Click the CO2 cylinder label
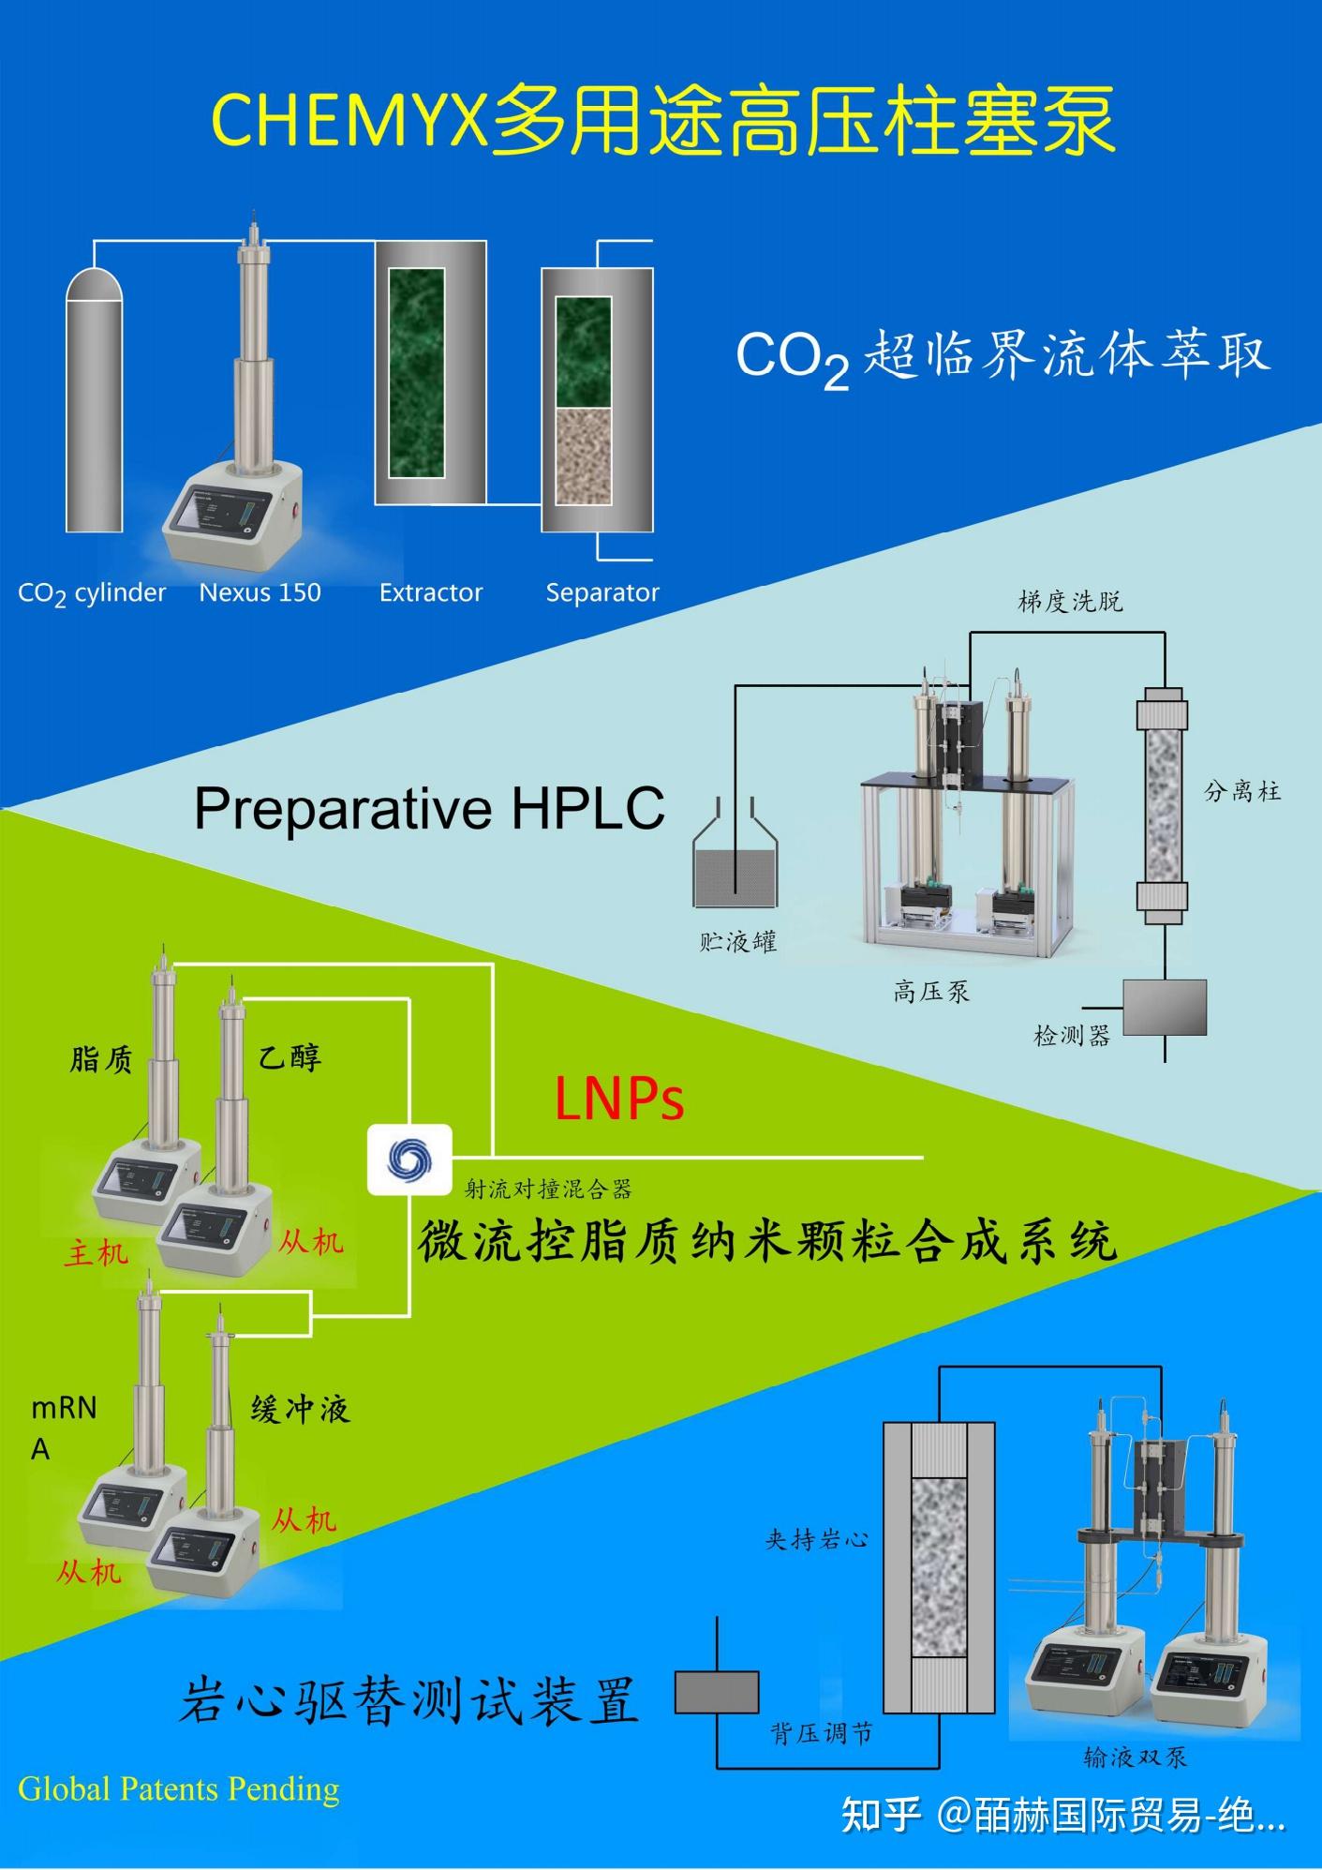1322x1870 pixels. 92,593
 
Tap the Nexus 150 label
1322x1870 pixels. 260,592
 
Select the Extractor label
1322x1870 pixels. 431,592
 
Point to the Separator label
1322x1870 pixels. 602,592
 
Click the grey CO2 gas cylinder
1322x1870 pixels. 94,403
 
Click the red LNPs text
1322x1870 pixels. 619,1099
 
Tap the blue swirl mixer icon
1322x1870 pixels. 409,1159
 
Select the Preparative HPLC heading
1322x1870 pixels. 429,808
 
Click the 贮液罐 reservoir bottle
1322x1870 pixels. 735,862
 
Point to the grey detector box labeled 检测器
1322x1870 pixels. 1165,1007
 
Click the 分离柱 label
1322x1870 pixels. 1242,791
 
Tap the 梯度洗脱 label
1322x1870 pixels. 1070,601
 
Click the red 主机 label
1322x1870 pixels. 96,1253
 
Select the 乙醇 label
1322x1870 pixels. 290,1057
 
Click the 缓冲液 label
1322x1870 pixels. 300,1409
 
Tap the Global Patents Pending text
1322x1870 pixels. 179,1788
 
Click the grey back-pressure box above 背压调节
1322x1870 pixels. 717,1692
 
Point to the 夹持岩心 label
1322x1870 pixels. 817,1539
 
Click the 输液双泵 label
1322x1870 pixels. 1136,1757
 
